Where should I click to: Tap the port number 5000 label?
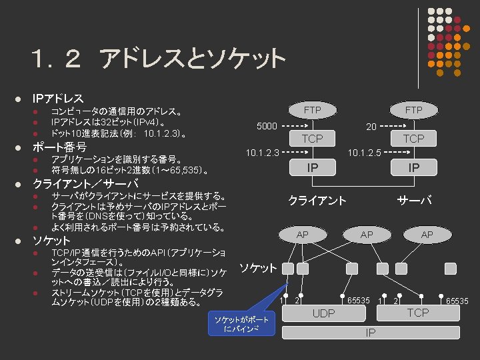point(267,126)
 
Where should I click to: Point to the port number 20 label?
point(371,126)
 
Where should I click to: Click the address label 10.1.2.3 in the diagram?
point(262,153)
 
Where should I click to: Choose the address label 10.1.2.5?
point(364,153)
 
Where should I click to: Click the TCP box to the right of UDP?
point(418,313)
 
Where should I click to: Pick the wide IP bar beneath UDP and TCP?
point(371,332)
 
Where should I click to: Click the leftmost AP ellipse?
point(303,235)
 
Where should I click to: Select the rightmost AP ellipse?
point(427,235)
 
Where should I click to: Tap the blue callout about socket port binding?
point(241,324)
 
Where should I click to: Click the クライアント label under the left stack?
point(317,200)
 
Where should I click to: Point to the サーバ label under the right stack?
point(414,200)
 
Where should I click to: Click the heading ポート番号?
point(60,147)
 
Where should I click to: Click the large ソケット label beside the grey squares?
point(258,268)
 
